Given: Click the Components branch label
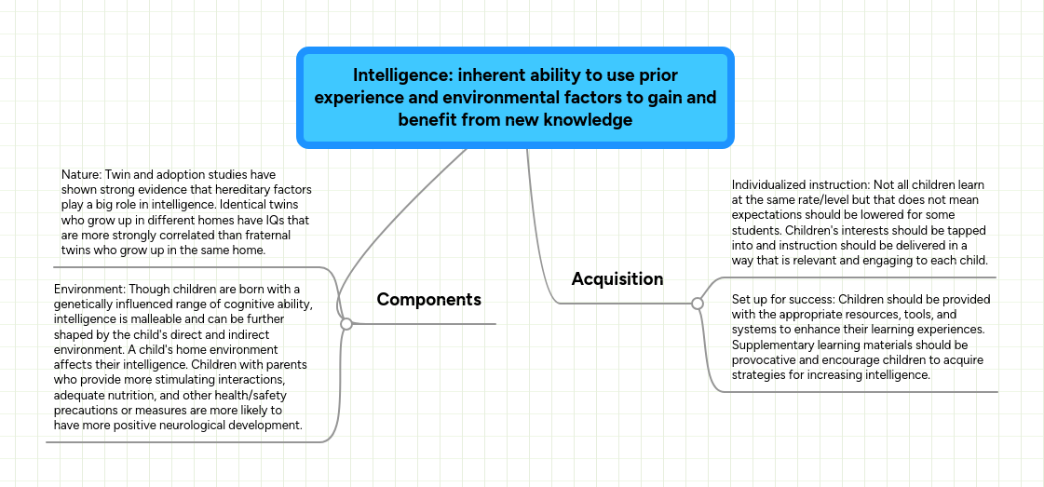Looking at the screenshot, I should tap(428, 299).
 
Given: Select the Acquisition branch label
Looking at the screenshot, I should tap(617, 278).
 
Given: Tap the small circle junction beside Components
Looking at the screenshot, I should tap(346, 324).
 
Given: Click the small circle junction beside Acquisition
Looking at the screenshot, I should tap(697, 303).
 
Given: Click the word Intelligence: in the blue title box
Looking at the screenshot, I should tap(401, 75).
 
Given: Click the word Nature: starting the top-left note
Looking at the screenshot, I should tap(81, 174).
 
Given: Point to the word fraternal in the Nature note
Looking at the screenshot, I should tap(281, 237).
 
